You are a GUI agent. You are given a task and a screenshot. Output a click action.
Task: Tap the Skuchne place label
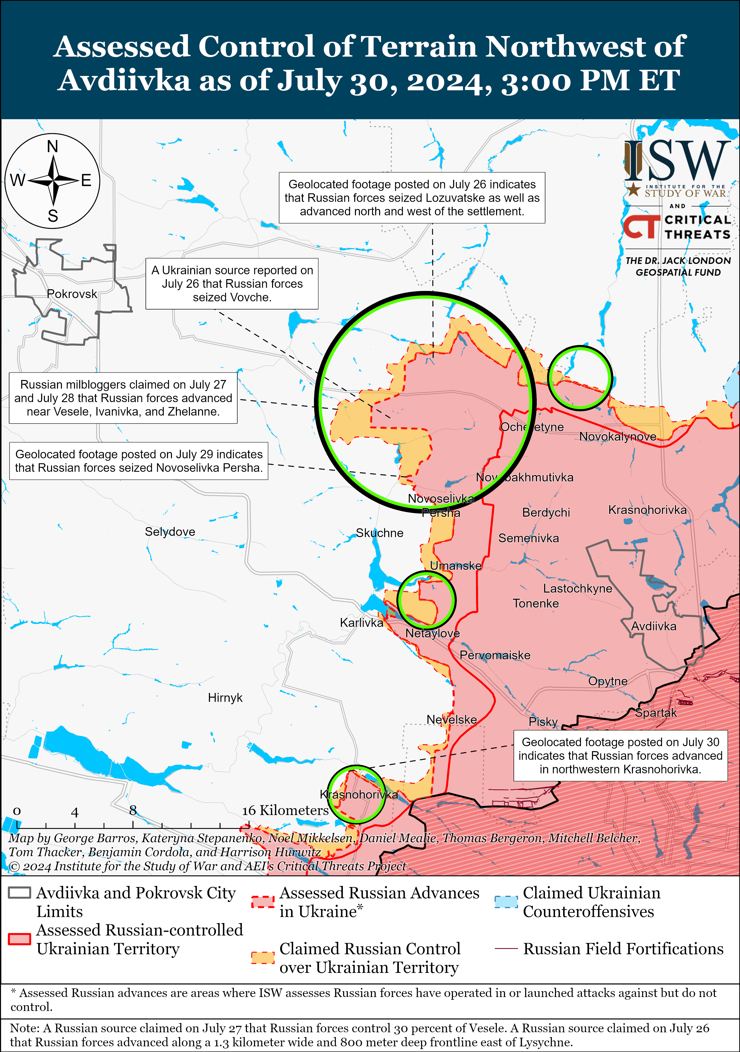(379, 533)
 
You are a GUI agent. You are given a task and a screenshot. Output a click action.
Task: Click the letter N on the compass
(53, 147)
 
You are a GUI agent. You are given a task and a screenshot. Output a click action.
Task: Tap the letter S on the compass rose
(53, 216)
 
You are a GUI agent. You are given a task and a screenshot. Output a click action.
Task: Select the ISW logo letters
(677, 161)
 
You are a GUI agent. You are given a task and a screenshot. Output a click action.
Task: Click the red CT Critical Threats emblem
(641, 226)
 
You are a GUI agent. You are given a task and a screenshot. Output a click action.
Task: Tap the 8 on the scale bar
(133, 810)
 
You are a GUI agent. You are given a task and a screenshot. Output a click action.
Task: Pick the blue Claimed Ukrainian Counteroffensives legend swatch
(506, 901)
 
